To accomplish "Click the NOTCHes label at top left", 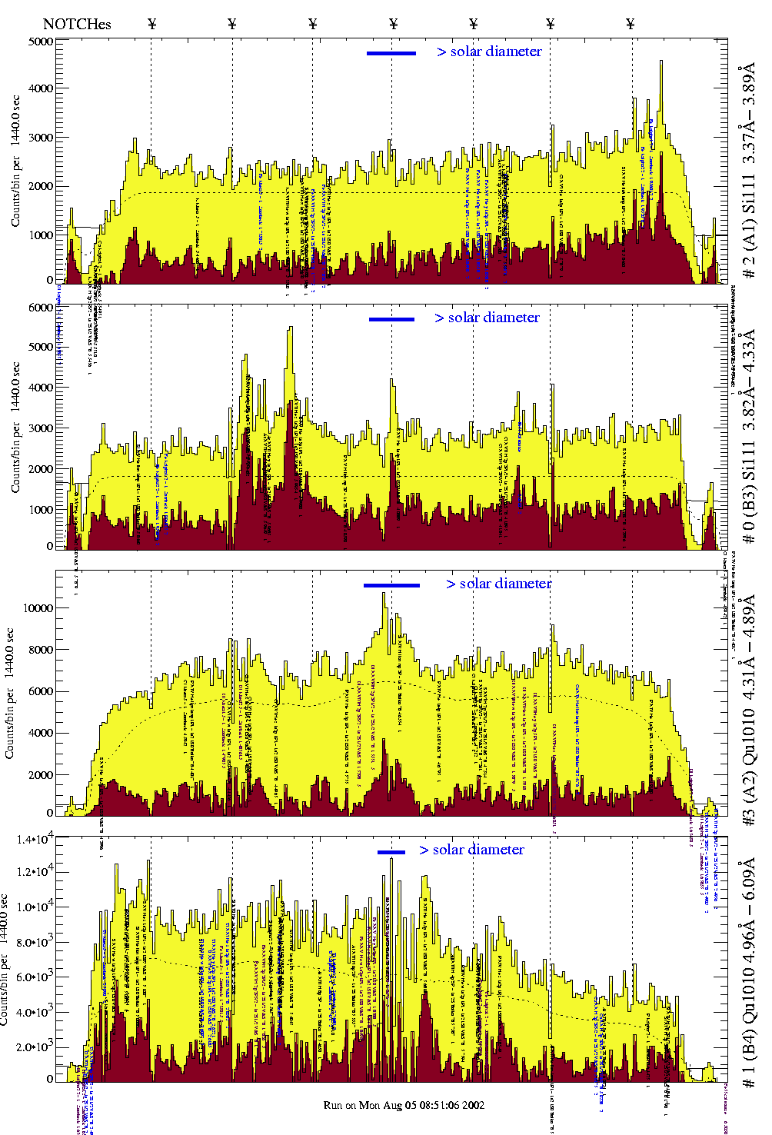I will pyautogui.click(x=77, y=24).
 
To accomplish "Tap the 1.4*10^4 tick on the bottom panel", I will pyautogui.click(x=32, y=839).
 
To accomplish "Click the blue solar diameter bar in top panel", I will pyautogui.click(x=391, y=53).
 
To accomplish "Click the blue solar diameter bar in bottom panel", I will pyautogui.click(x=391, y=851).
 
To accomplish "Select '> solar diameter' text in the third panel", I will pyautogui.click(x=498, y=584).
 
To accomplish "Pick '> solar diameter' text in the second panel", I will pyautogui.click(x=487, y=318).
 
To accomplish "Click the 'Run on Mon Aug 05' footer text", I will pyautogui.click(x=404, y=1105).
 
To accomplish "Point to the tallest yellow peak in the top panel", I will pyautogui.click(x=661, y=63).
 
